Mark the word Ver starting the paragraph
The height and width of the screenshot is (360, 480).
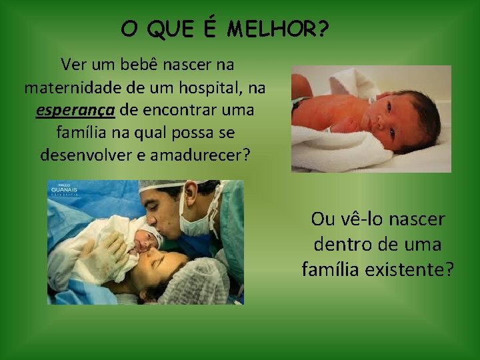pyautogui.click(x=73, y=65)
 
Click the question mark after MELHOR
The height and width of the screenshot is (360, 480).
pyautogui.click(x=323, y=29)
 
